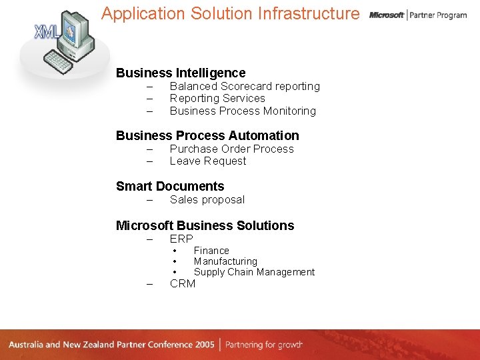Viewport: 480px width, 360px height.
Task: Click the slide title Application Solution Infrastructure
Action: (x=230, y=14)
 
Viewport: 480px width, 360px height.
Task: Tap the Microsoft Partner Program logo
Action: (x=418, y=15)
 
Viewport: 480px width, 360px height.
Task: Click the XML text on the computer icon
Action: (x=46, y=31)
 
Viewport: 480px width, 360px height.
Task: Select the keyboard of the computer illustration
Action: (x=59, y=63)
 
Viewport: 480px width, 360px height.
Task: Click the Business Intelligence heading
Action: (x=181, y=73)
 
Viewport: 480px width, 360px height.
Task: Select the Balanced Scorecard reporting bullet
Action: (x=245, y=87)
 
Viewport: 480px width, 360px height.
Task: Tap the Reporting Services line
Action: (x=217, y=99)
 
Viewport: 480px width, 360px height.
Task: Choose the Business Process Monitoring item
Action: (x=243, y=111)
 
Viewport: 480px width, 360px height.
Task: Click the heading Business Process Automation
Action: (x=207, y=136)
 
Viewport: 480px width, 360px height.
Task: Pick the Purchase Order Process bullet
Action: (x=231, y=149)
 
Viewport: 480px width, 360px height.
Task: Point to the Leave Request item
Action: (x=208, y=161)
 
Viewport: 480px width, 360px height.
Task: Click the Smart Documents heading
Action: (x=170, y=187)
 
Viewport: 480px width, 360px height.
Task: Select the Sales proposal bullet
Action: (x=207, y=200)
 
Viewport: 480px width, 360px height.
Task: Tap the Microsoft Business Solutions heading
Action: (x=205, y=225)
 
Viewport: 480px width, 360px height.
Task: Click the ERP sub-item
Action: (x=181, y=239)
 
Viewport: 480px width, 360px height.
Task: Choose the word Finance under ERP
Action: (x=211, y=251)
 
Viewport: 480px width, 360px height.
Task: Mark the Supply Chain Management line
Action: (x=254, y=272)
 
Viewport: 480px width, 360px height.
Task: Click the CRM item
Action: (x=183, y=284)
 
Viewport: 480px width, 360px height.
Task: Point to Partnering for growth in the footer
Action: (x=264, y=345)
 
